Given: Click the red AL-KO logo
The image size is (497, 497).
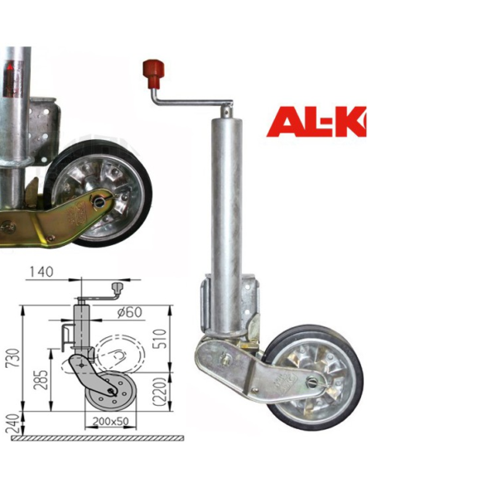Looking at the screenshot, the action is pyautogui.click(x=316, y=122).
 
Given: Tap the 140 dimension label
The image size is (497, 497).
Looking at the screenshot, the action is pyautogui.click(x=41, y=272).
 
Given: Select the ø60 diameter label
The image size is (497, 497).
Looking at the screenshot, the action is pyautogui.click(x=129, y=312).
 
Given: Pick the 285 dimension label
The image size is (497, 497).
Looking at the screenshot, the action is pyautogui.click(x=43, y=379).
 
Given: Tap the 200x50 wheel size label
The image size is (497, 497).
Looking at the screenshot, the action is pyautogui.click(x=111, y=421).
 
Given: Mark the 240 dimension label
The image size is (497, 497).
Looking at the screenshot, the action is pyautogui.click(x=12, y=423).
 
